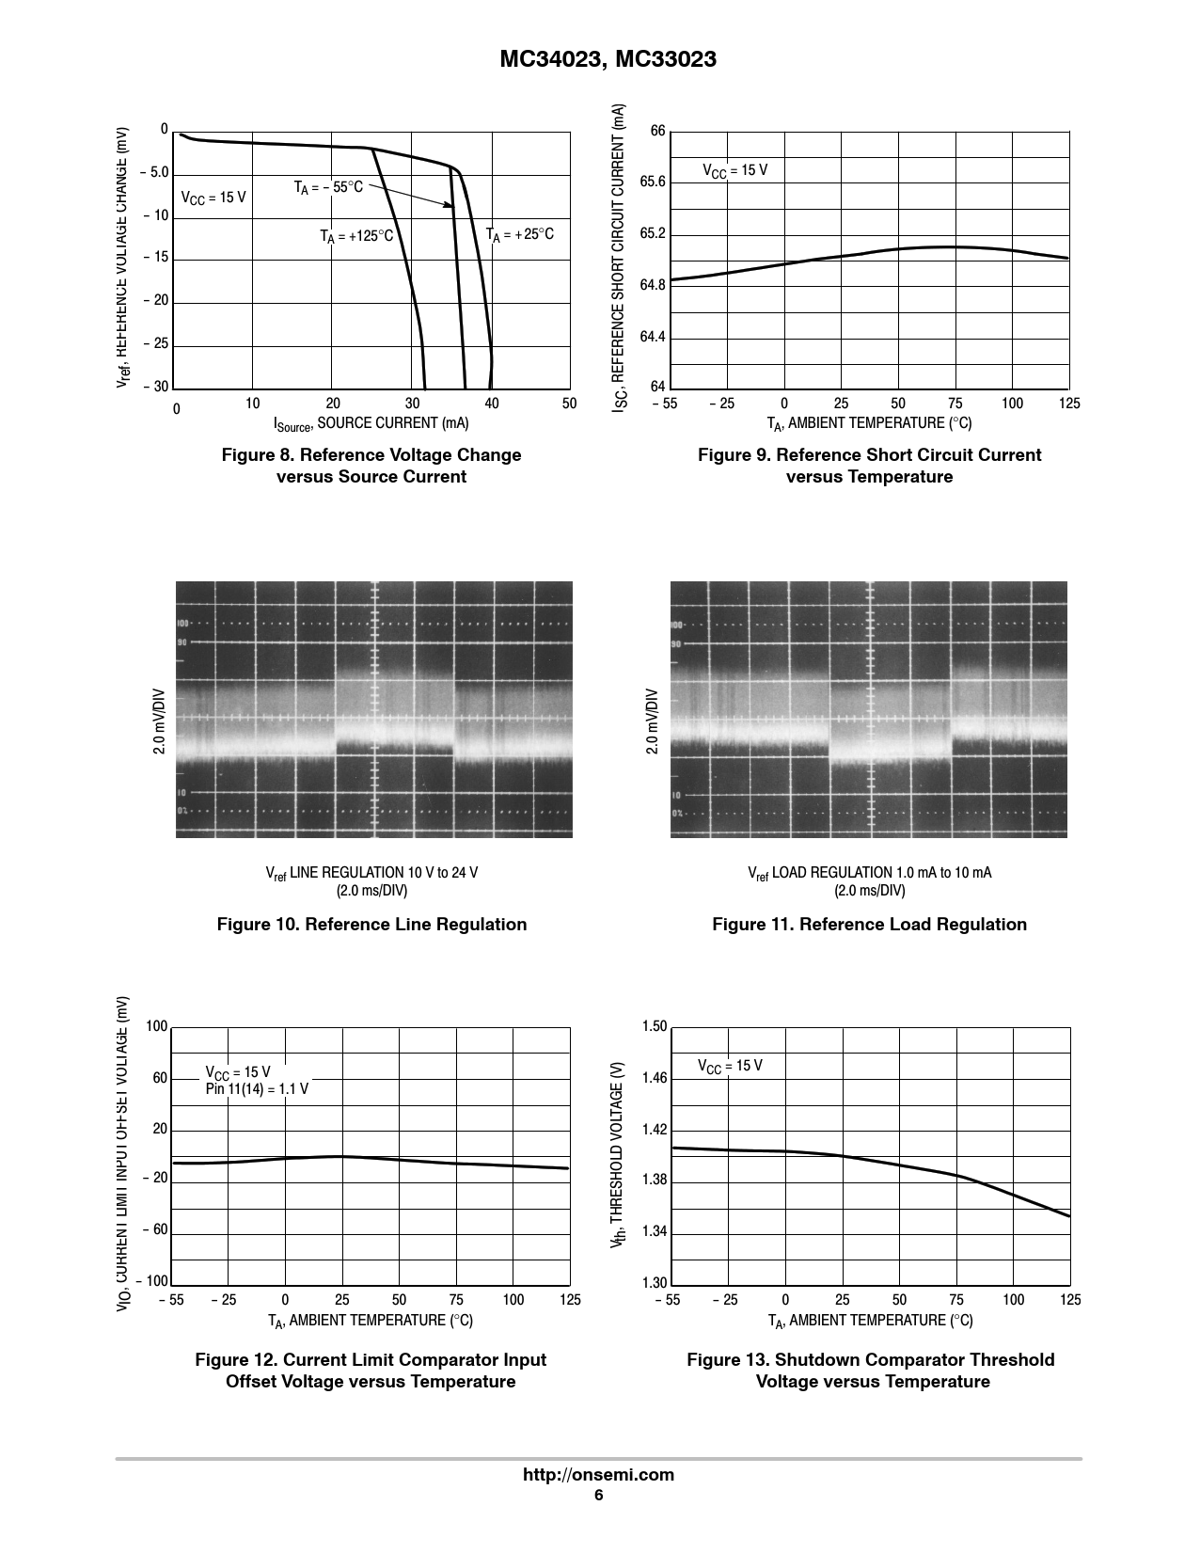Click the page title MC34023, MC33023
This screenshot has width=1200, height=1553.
click(607, 59)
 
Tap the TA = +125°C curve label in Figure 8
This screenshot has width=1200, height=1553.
click(356, 237)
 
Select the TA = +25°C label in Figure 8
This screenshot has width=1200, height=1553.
click(520, 234)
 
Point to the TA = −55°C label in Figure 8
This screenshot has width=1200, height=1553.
click(328, 187)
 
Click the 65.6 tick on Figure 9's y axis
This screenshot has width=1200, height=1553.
click(653, 182)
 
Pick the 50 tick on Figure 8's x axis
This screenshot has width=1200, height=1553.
click(569, 404)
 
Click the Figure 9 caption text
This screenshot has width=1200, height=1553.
click(869, 466)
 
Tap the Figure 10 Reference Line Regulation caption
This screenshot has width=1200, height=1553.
click(371, 925)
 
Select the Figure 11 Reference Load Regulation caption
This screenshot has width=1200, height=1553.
click(869, 925)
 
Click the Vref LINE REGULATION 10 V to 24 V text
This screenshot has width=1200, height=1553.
click(371, 873)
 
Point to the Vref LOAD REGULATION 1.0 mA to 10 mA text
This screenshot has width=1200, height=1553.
click(869, 873)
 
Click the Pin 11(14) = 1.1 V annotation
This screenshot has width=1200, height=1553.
click(257, 1089)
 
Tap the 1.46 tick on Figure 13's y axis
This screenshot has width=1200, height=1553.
click(654, 1078)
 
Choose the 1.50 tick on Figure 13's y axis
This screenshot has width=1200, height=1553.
click(654, 1026)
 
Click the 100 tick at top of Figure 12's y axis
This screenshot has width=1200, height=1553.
click(156, 1026)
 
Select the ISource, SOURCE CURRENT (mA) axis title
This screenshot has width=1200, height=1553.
click(371, 424)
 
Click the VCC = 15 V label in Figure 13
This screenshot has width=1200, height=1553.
click(730, 1066)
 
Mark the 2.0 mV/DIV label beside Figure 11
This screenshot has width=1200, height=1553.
click(651, 722)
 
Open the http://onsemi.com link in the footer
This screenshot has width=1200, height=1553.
click(598, 1475)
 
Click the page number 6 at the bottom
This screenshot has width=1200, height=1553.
click(598, 1497)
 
